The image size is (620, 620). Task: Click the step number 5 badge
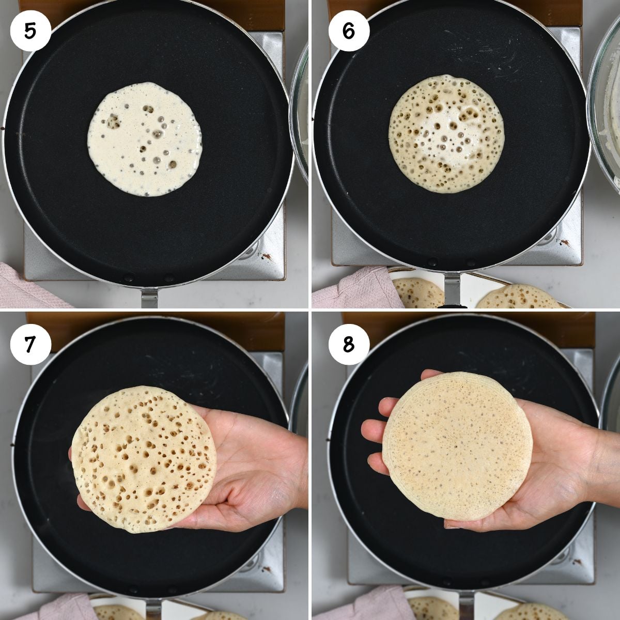tap(30, 30)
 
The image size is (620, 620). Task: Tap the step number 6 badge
tap(348, 30)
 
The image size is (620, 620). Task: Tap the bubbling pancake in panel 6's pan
tap(446, 134)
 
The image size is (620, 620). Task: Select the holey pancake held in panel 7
tap(144, 459)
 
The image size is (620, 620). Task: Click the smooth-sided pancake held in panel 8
tap(457, 445)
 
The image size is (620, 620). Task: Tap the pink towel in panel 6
tap(357, 289)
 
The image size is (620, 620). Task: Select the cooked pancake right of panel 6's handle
tap(517, 298)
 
